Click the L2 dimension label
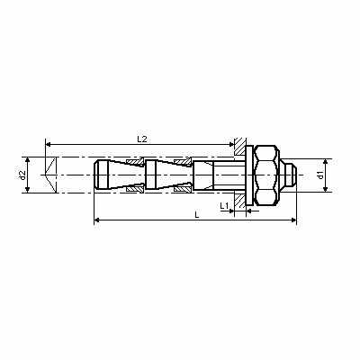coord(142,139)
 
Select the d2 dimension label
coord(22,175)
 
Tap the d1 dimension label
coord(321,175)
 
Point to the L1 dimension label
coord(224,206)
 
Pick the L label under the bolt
coord(197,215)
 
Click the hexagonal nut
coord(266,175)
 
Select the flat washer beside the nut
coord(249,175)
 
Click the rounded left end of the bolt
coord(100,175)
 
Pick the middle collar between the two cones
coord(151,175)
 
